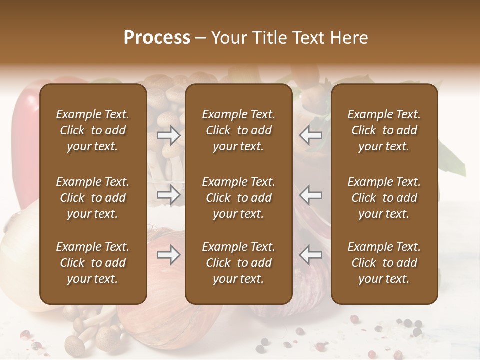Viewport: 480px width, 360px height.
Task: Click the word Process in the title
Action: point(157,37)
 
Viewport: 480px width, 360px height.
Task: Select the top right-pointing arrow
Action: point(168,135)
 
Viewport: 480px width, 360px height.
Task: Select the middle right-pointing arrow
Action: point(168,195)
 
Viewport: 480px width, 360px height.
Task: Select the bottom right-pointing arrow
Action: point(168,255)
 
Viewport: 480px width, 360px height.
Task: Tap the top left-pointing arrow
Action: point(311,135)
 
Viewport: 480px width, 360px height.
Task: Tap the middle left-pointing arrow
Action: point(311,195)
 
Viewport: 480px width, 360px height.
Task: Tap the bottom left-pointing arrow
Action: point(311,255)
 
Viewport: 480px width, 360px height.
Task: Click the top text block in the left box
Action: point(93,130)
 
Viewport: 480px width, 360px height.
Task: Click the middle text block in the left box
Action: point(93,198)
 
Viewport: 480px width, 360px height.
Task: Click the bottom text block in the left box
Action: point(93,263)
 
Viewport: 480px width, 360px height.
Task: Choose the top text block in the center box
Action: point(239,130)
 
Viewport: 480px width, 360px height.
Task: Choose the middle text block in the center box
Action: point(239,198)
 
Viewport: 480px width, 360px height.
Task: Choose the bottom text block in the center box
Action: point(239,263)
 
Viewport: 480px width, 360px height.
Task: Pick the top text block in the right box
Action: point(384,130)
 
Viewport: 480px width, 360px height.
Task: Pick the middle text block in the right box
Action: point(384,198)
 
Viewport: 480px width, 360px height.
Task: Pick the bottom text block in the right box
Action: point(384,263)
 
